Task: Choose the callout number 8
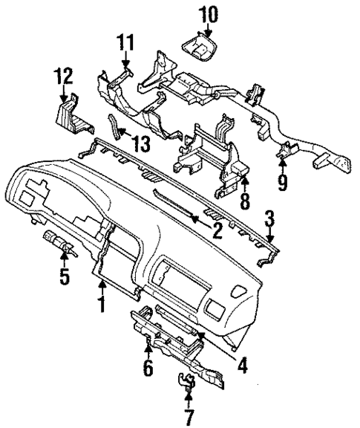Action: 244,199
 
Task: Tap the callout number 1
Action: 101,302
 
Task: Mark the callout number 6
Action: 148,367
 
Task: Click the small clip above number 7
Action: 186,381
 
